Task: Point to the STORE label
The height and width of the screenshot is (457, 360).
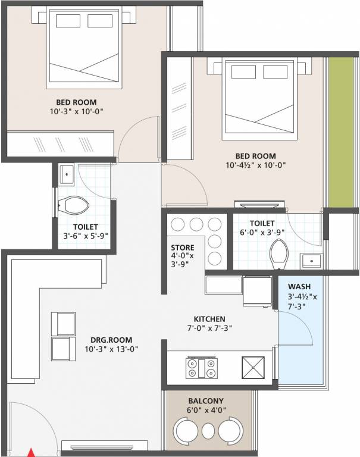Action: click(x=182, y=248)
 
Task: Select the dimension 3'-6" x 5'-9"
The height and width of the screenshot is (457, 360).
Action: click(x=86, y=236)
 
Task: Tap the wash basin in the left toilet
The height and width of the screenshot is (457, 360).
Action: click(x=65, y=174)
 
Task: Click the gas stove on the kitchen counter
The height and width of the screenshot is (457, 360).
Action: click(x=201, y=367)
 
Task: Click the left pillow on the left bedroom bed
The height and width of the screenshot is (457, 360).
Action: click(x=67, y=21)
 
